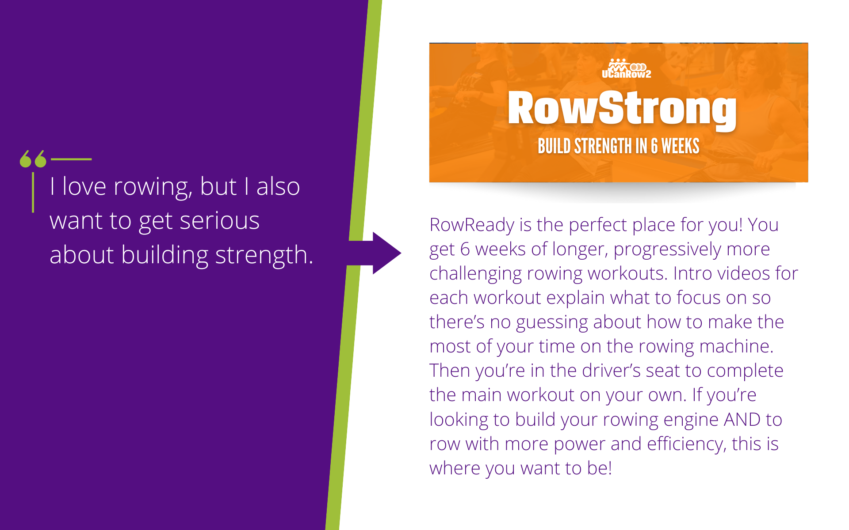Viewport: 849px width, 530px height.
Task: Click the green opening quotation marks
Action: pyautogui.click(x=33, y=159)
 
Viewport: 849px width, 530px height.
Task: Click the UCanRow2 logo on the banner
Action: pyautogui.click(x=626, y=68)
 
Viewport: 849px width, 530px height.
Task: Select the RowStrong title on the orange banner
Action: pyautogui.click(x=622, y=109)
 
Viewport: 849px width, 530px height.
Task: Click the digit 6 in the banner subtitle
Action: pyautogui.click(x=654, y=146)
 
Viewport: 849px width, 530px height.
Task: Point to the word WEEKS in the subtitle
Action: pyautogui.click(x=681, y=146)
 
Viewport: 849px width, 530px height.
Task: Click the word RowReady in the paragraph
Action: pyautogui.click(x=472, y=225)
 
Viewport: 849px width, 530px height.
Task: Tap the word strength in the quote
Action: pyautogui.click(x=264, y=255)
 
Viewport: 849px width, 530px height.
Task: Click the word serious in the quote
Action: pyautogui.click(x=219, y=221)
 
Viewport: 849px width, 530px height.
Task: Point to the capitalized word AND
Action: pyautogui.click(x=742, y=420)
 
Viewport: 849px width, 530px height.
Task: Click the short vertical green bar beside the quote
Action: pyautogui.click(x=33, y=193)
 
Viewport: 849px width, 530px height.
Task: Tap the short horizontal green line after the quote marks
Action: pyautogui.click(x=71, y=159)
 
